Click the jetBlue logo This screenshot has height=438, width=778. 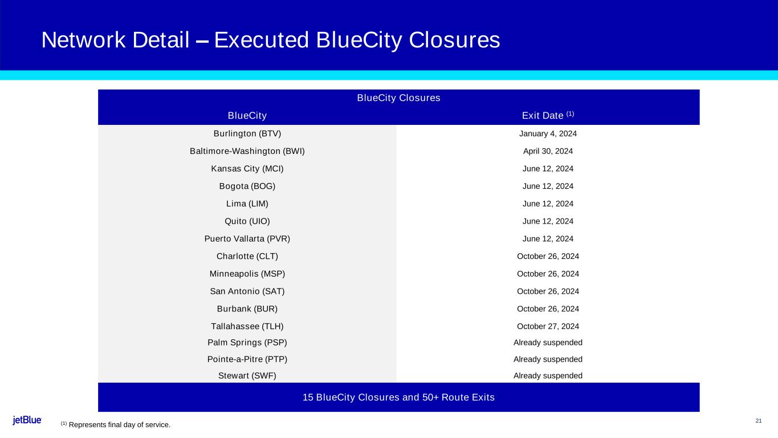pyautogui.click(x=27, y=420)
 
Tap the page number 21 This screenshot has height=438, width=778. pyautogui.click(x=758, y=421)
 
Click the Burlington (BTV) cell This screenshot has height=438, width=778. pyautogui.click(x=247, y=133)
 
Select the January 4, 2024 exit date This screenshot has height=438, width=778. pyautogui.click(x=548, y=133)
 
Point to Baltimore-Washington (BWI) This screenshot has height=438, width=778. pyautogui.click(x=247, y=151)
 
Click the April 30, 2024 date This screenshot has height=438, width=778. pyautogui.click(x=548, y=151)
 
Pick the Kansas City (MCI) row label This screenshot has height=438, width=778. pyautogui.click(x=247, y=169)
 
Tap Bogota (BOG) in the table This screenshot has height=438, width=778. pyautogui.click(x=247, y=186)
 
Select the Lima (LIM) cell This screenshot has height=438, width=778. pyautogui.click(x=247, y=204)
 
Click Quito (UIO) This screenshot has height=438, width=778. pyautogui.click(x=247, y=221)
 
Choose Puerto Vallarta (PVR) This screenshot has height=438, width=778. pyautogui.click(x=247, y=239)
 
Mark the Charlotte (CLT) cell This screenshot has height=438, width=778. pyautogui.click(x=247, y=256)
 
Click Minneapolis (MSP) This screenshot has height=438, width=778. pyautogui.click(x=247, y=274)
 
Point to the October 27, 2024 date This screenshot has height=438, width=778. pyautogui.click(x=548, y=326)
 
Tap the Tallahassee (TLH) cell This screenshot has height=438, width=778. pyautogui.click(x=247, y=326)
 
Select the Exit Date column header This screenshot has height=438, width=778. pyautogui.click(x=547, y=116)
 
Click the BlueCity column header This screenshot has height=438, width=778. pyautogui.click(x=247, y=116)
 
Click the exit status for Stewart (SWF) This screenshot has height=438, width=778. pyautogui.click(x=548, y=376)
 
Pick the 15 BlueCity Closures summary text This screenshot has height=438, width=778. pyautogui.click(x=398, y=397)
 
